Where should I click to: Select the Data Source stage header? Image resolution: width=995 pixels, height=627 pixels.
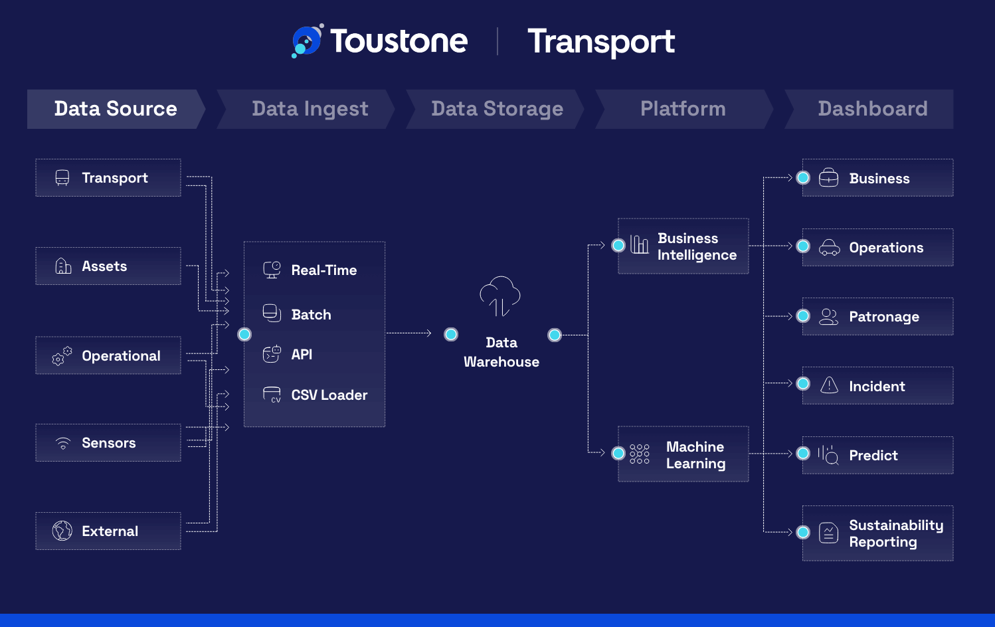(x=116, y=109)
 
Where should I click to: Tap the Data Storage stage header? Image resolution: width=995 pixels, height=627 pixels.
(x=497, y=109)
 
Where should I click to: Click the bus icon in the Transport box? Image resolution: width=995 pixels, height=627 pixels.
(x=62, y=177)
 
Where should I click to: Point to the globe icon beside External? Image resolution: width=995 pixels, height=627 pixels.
(x=62, y=531)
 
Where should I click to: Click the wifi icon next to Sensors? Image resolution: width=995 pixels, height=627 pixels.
(x=62, y=443)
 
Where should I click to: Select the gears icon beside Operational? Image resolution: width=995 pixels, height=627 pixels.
(x=62, y=356)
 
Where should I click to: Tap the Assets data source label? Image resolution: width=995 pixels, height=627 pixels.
(x=104, y=266)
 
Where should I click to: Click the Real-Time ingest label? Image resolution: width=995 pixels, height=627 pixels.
(x=324, y=270)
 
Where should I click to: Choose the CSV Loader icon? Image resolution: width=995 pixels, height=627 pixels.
(x=272, y=395)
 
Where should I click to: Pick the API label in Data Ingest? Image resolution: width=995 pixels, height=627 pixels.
(x=302, y=355)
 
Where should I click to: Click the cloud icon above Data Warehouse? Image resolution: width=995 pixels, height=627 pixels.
(x=500, y=296)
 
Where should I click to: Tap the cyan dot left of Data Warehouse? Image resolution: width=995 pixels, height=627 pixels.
(x=451, y=334)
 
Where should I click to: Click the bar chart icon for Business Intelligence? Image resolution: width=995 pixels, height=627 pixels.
(x=640, y=244)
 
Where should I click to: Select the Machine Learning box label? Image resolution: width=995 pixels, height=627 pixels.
(x=695, y=455)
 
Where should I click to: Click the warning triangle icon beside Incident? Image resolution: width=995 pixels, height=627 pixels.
(x=829, y=385)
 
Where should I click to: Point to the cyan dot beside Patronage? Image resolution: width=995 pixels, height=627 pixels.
(x=803, y=316)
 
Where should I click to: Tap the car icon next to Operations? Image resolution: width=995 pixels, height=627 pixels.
(x=830, y=247)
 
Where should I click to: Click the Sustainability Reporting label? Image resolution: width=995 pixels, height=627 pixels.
(x=896, y=533)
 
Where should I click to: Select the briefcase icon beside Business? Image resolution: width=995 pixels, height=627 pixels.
(x=828, y=177)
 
